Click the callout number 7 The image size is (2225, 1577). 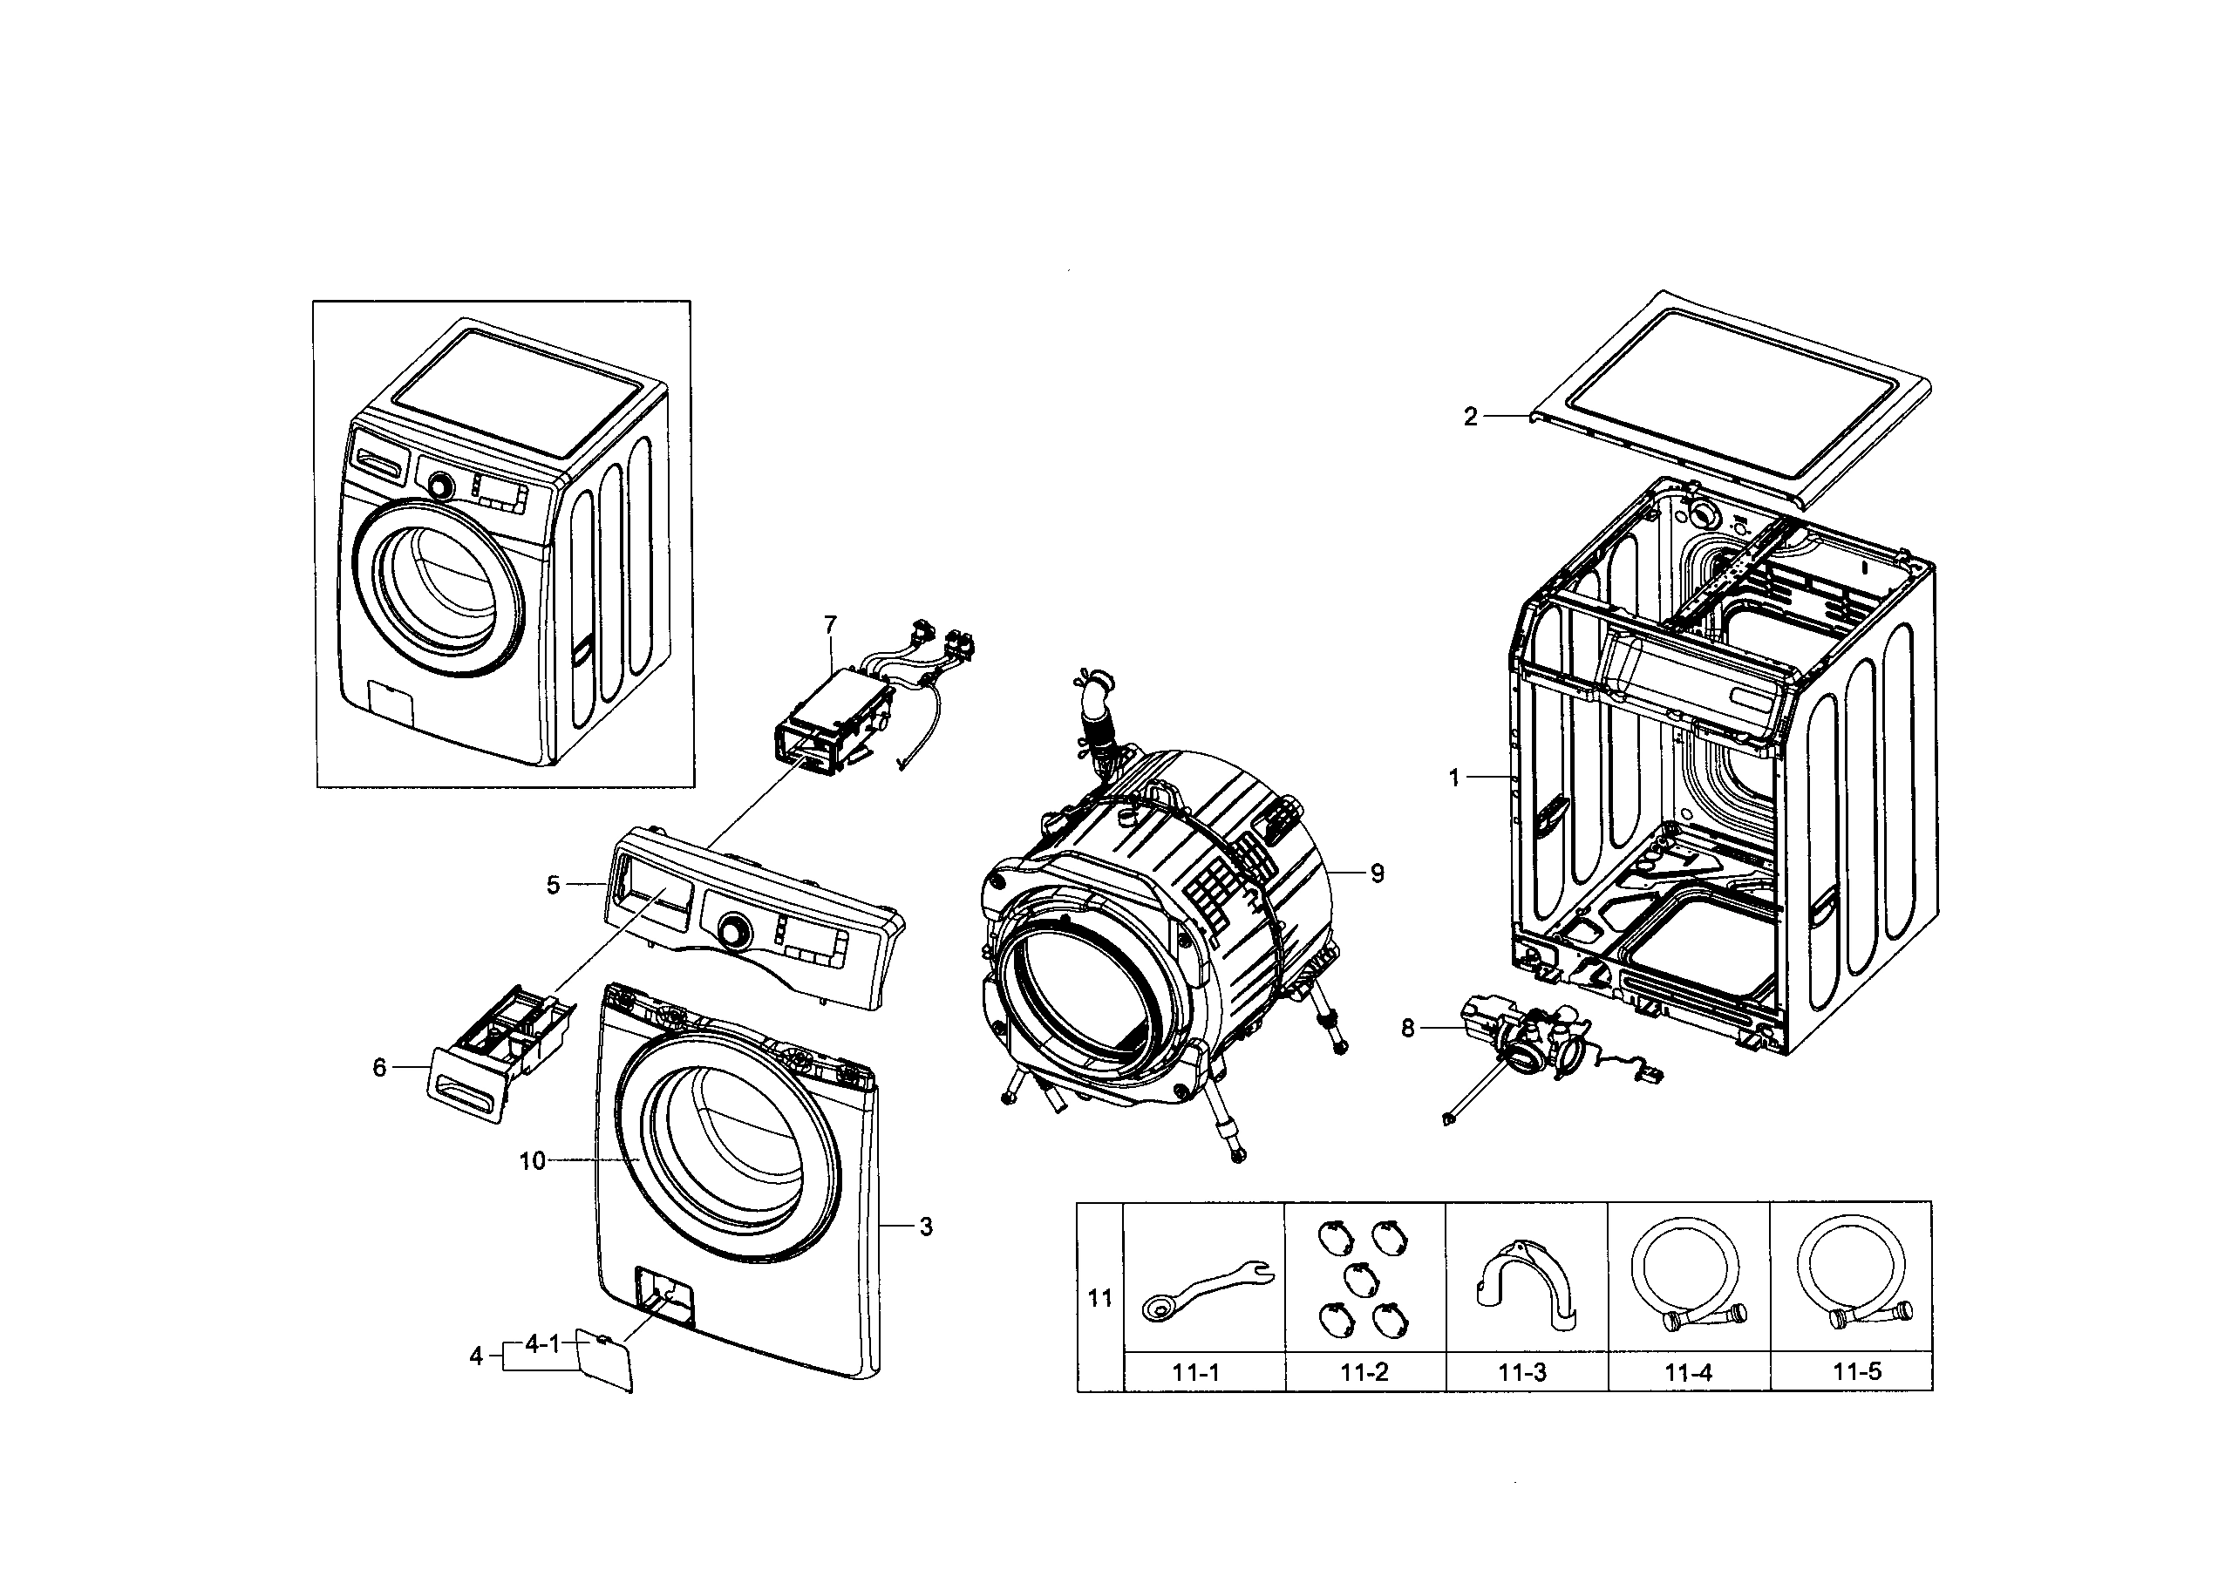tap(829, 624)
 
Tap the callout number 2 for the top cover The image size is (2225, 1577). tap(1470, 417)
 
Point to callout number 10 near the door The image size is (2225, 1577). tap(532, 1161)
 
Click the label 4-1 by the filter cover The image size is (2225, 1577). tap(542, 1344)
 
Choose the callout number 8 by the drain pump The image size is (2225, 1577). tap(1407, 1029)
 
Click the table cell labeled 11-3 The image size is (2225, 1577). tap(1522, 1372)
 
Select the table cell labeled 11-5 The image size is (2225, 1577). tap(1856, 1371)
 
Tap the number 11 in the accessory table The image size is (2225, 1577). tap(1099, 1298)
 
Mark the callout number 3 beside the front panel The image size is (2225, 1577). tap(926, 1227)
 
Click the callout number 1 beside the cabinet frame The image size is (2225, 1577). tap(1454, 778)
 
